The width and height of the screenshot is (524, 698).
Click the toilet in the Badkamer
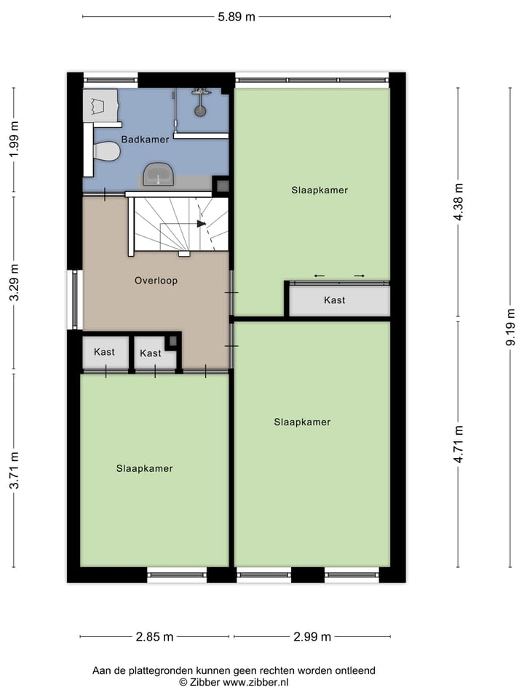click(x=106, y=151)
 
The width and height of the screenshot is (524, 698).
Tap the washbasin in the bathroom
click(x=158, y=174)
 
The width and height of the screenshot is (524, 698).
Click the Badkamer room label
click(x=146, y=139)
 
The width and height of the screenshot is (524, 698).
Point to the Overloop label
click(x=156, y=280)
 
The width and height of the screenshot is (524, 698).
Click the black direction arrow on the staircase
click(x=202, y=223)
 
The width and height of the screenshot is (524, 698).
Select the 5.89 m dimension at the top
click(x=237, y=17)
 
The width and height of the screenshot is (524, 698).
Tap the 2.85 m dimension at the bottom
click(x=154, y=637)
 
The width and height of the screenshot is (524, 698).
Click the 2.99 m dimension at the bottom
click(x=312, y=637)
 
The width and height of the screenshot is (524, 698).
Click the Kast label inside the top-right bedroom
click(x=335, y=300)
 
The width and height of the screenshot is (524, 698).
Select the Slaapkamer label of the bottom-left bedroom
click(x=145, y=468)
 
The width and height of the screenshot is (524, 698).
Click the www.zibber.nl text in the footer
click(x=255, y=683)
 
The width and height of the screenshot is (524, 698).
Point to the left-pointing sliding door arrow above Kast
click(x=319, y=276)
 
